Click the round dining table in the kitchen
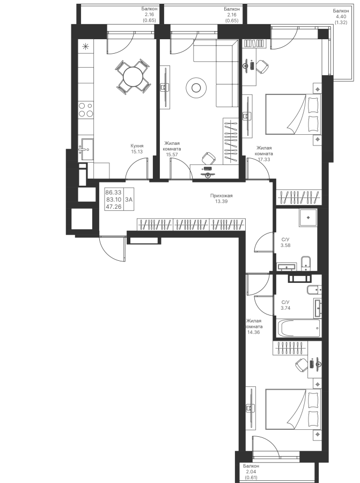pyautogui.click(x=133, y=77)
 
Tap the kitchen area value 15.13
pyautogui.click(x=137, y=151)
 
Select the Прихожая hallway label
pyautogui.click(x=222, y=195)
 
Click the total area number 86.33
pyautogui.click(x=113, y=192)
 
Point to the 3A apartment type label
pyautogui.click(x=129, y=199)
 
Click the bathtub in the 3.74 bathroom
pyautogui.click(x=299, y=328)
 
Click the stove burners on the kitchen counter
pyautogui.click(x=86, y=109)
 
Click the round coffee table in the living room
pyautogui.click(x=196, y=88)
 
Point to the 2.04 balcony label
pyautogui.click(x=251, y=472)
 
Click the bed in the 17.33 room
pyautogui.click(x=293, y=114)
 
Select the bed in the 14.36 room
pyautogui.click(x=293, y=409)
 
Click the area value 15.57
pyautogui.click(x=172, y=155)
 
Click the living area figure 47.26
pyautogui.click(x=113, y=207)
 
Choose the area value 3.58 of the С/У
pyautogui.click(x=285, y=245)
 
